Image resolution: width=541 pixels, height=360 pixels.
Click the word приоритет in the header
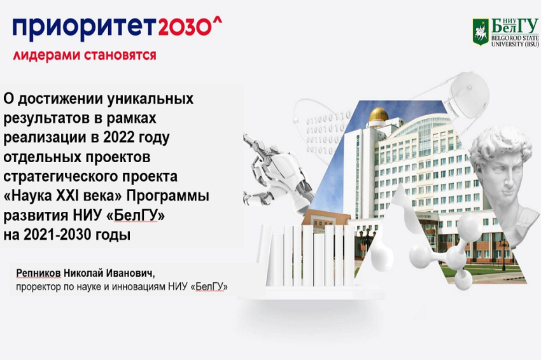tap(83, 27)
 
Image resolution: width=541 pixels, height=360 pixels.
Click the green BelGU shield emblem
tap(481, 31)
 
